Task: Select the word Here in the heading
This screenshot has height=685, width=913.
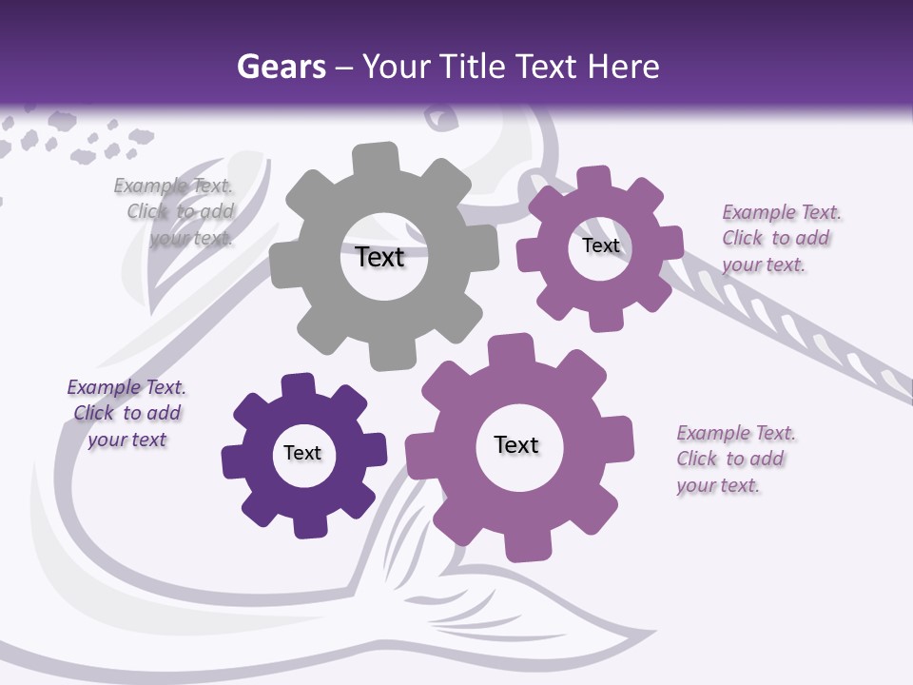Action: pos(623,67)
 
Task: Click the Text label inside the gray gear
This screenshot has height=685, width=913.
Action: pos(380,257)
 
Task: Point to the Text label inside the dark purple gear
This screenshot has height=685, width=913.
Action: pos(302,453)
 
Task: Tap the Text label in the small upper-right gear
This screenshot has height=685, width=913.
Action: pos(601,245)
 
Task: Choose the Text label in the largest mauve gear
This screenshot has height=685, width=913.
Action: pos(516,444)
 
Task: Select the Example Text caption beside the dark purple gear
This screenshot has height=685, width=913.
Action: pos(126,413)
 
